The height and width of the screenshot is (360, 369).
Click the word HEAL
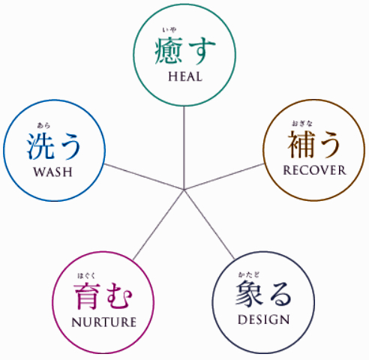(185, 76)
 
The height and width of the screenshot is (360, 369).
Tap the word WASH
(53, 172)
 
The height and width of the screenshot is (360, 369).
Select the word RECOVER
(314, 170)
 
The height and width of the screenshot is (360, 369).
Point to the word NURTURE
(104, 322)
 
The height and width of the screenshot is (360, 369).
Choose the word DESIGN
(264, 319)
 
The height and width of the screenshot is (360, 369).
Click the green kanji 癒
(169, 51)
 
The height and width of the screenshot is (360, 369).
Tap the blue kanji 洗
(40, 146)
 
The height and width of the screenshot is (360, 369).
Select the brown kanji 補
(301, 144)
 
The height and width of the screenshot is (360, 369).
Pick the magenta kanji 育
(87, 296)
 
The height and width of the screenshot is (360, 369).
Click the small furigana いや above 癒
(169, 30)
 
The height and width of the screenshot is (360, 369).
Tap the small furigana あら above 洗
(43, 125)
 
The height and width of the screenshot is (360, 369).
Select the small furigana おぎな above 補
(302, 123)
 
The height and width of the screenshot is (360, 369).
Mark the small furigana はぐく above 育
(86, 276)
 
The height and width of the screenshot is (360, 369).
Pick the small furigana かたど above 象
(249, 274)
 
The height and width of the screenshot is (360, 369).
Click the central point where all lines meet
(184, 190)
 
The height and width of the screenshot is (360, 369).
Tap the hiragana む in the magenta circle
(118, 296)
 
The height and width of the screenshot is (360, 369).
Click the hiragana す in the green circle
(202, 51)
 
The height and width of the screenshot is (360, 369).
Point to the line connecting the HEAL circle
(184, 148)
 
